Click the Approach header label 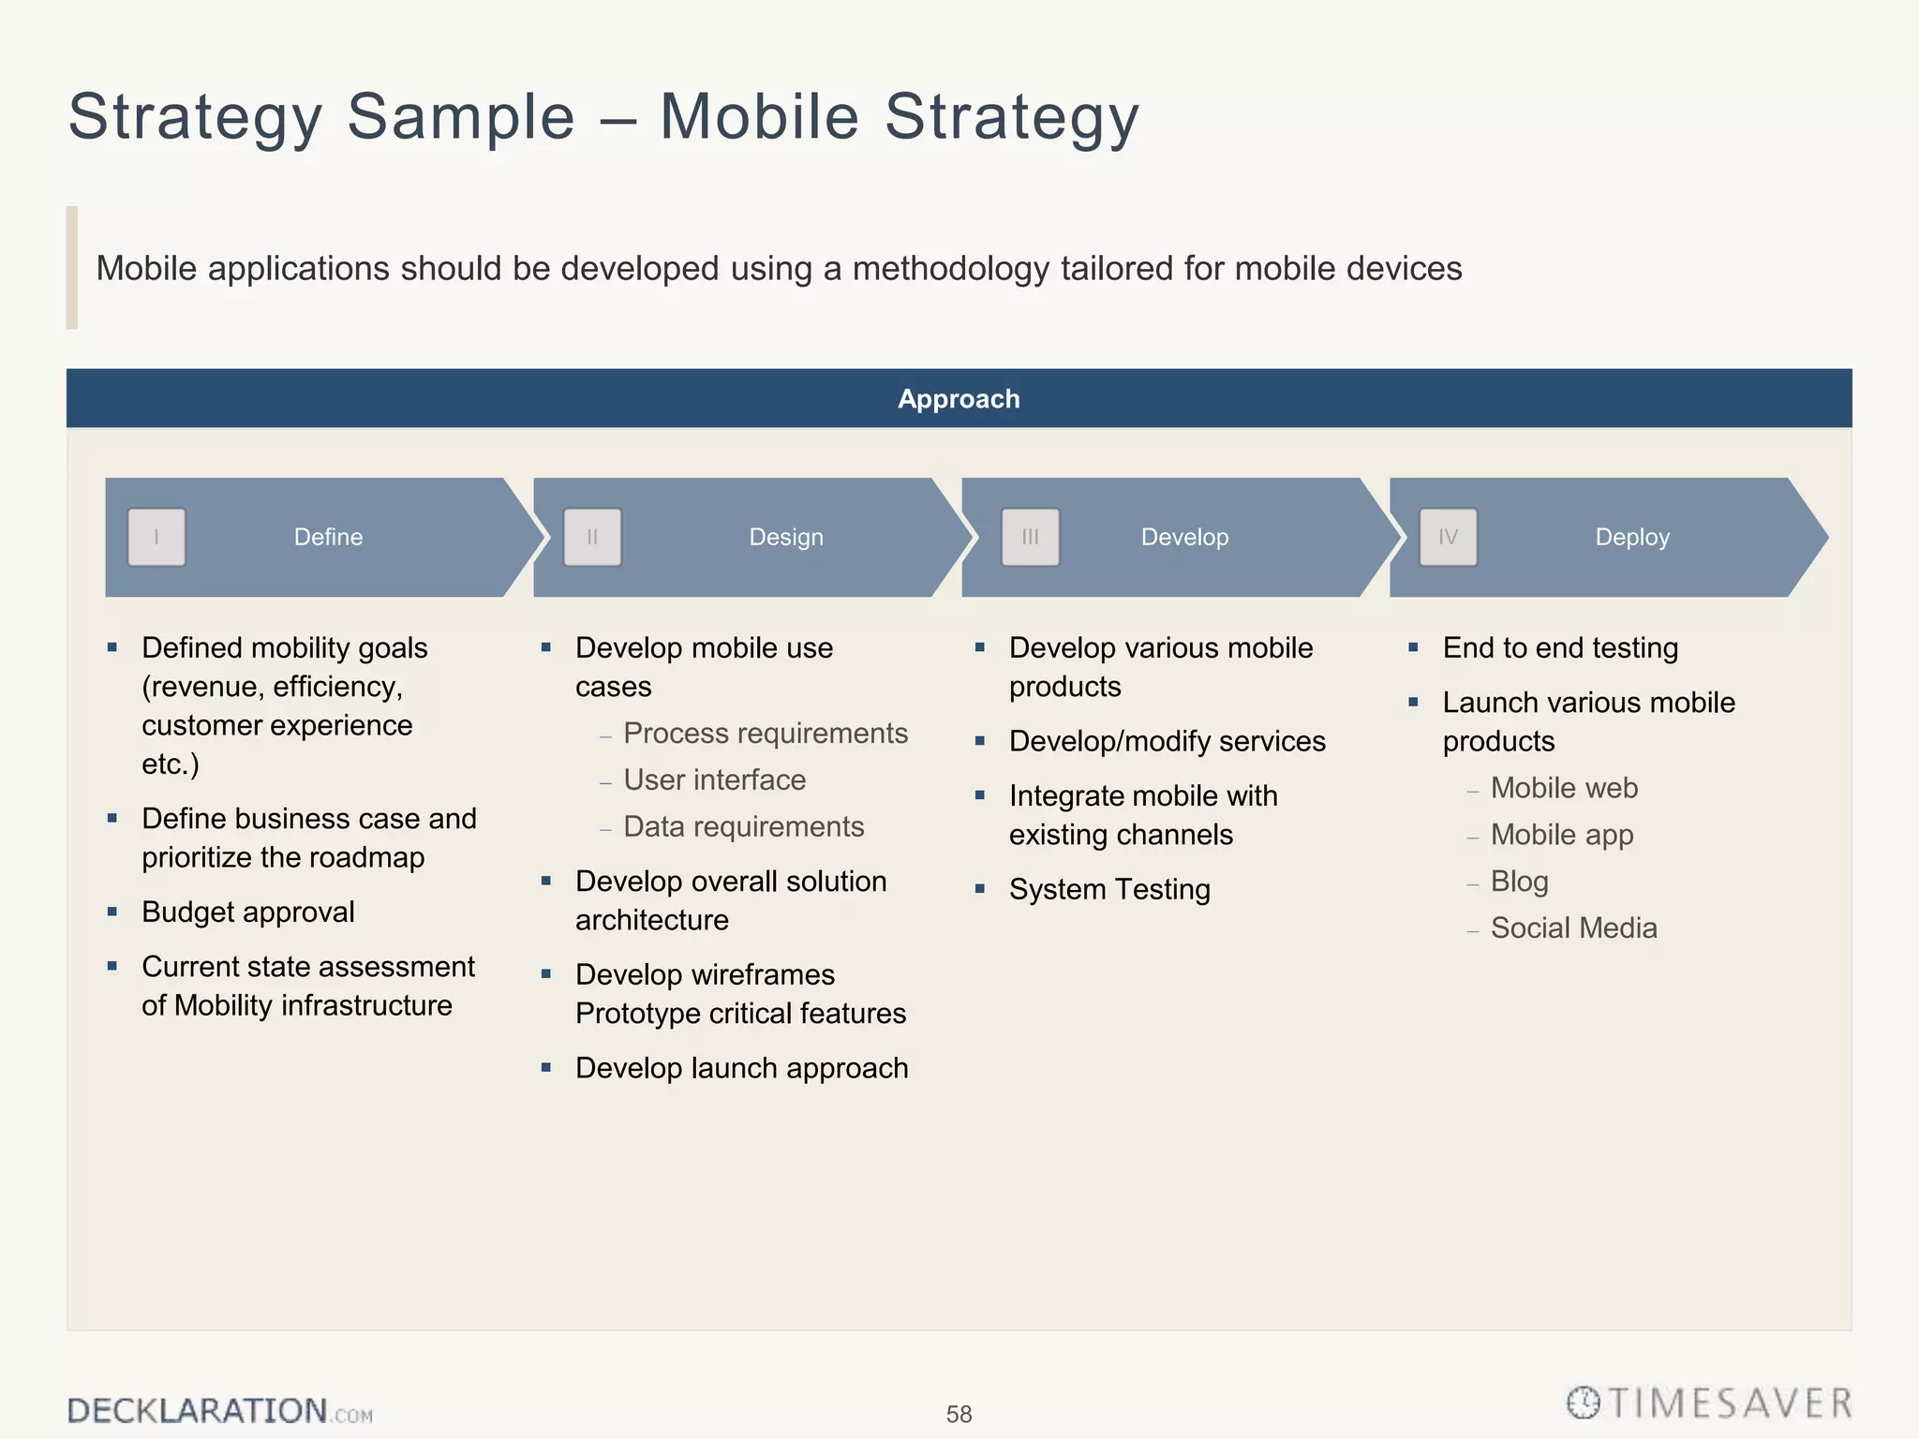click(959, 399)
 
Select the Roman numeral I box click(156, 537)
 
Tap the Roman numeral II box click(592, 537)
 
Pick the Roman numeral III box click(1030, 537)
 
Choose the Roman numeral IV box click(1448, 537)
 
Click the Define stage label click(328, 537)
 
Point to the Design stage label click(786, 537)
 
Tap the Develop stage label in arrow click(1184, 537)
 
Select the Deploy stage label click(1632, 537)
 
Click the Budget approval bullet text click(247, 912)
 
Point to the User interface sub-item click(714, 779)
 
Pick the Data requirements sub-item click(743, 826)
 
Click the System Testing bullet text click(1109, 889)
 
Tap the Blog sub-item click(1519, 881)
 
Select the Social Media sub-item click(1573, 927)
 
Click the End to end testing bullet click(1560, 647)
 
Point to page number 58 click(959, 1414)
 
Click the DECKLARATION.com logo click(219, 1410)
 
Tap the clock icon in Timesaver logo click(1584, 1402)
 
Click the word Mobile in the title click(759, 117)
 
